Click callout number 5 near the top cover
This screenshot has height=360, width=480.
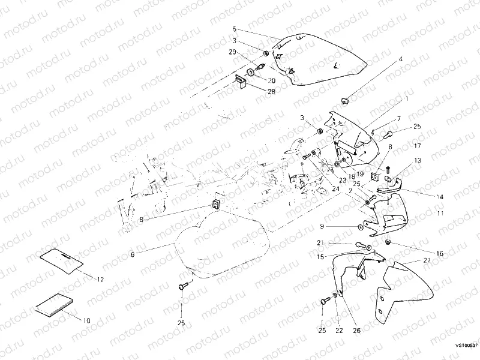(235, 29)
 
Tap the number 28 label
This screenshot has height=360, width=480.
(271, 91)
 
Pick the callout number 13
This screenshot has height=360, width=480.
(417, 161)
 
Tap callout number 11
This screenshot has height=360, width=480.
(440, 213)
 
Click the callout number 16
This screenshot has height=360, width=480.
(440, 254)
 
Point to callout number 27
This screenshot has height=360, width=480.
(427, 260)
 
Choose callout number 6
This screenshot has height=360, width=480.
(133, 254)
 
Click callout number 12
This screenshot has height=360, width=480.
(100, 280)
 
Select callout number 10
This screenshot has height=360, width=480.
(86, 320)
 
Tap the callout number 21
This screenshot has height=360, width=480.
(320, 242)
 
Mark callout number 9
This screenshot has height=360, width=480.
(322, 226)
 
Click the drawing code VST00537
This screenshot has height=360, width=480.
(466, 345)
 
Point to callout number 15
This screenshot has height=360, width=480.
(320, 257)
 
